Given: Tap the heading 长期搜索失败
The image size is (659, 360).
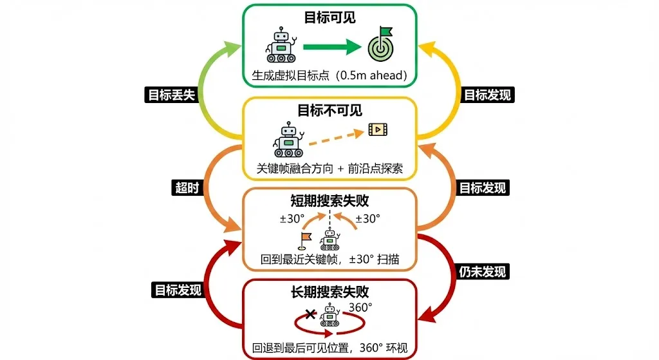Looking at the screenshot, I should point(329,292).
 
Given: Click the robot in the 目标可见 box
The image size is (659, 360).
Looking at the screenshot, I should point(281,45).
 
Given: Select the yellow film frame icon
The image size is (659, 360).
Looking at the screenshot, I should point(377,130).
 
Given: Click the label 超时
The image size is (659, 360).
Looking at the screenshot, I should point(182,187).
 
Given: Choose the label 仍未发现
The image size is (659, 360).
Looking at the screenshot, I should point(483,271).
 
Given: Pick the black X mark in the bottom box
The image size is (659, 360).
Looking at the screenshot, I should point(310,314).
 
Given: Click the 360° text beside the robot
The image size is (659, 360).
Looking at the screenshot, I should point(360,307).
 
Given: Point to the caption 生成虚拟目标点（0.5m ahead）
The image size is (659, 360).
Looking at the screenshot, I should point(329,76).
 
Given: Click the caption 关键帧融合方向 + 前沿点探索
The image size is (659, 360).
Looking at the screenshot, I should point(329,169).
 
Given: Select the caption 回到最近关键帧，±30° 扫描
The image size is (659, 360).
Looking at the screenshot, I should point(329,260).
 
